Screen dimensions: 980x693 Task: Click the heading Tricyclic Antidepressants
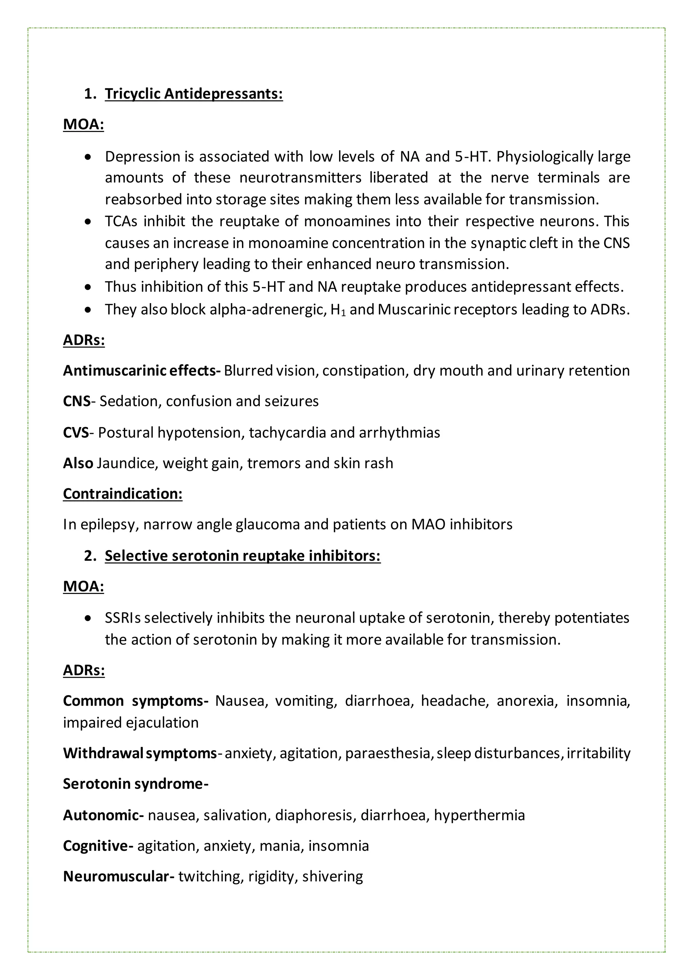point(194,93)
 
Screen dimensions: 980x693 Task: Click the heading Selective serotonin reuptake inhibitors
point(242,556)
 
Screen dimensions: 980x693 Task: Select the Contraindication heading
point(122,493)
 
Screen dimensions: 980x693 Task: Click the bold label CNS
point(76,401)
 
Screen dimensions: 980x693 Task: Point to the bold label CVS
point(75,432)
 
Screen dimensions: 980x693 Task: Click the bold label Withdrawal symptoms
point(139,753)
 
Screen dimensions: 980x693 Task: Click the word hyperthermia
point(479,815)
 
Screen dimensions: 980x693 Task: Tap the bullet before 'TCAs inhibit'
point(88,222)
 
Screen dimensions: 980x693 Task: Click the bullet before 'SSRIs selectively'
point(88,618)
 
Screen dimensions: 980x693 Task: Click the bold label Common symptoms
point(135,701)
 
